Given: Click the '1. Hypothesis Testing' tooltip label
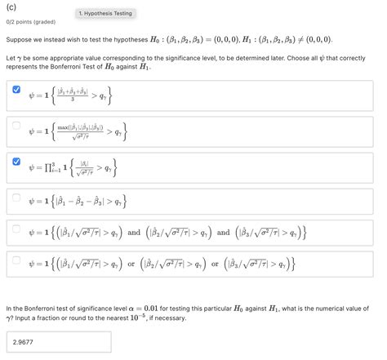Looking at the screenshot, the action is [x=105, y=14].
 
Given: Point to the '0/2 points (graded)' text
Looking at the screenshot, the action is [x=30, y=24].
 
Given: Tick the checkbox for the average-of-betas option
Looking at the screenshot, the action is [x=17, y=91].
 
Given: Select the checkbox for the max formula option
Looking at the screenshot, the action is [x=17, y=126].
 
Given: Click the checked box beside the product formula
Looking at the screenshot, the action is [x=17, y=162].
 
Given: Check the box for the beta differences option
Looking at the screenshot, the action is [x=17, y=196].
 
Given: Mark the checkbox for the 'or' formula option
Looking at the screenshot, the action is [x=17, y=263].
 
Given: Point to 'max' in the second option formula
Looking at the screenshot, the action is [x=64, y=127].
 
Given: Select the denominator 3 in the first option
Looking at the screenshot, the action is [x=73, y=101].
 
